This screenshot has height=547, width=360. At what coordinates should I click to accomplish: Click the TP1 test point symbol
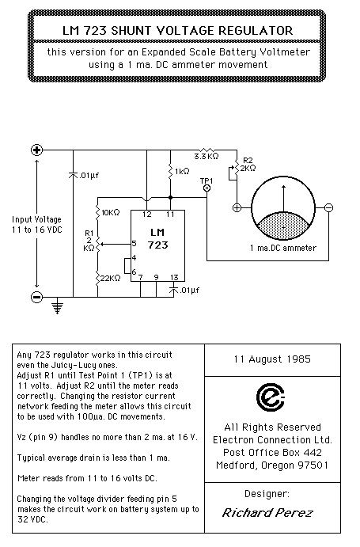point(207,188)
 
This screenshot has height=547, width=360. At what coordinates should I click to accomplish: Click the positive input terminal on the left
point(36,150)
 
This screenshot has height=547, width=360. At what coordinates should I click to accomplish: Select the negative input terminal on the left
point(36,297)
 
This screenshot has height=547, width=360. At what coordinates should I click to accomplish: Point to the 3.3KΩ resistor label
point(207,156)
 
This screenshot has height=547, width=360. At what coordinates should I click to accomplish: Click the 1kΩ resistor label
point(182,171)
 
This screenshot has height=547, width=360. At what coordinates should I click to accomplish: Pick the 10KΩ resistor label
point(110,212)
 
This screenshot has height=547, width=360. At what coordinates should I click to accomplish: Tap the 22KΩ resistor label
point(111,278)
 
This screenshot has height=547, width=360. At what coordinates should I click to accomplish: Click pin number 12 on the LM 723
point(147,215)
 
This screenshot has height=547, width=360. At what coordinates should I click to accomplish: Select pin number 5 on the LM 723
point(135,244)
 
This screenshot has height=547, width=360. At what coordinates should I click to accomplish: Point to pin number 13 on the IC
point(174,277)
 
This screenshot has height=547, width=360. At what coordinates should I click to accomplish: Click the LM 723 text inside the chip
point(157,238)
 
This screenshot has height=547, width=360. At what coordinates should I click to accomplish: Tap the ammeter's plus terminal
point(237,208)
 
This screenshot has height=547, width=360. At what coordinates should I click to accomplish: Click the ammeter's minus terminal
point(328,208)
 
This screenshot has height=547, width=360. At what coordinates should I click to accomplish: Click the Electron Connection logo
point(271,397)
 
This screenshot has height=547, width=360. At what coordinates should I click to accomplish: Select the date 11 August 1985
point(272,359)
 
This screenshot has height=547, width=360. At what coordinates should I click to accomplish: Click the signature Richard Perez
point(267,512)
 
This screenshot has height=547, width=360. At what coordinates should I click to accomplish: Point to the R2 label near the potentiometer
point(248,161)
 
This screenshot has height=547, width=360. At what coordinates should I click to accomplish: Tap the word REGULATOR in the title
point(256,31)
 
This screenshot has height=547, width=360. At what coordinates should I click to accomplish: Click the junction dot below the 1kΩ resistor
point(171,198)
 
